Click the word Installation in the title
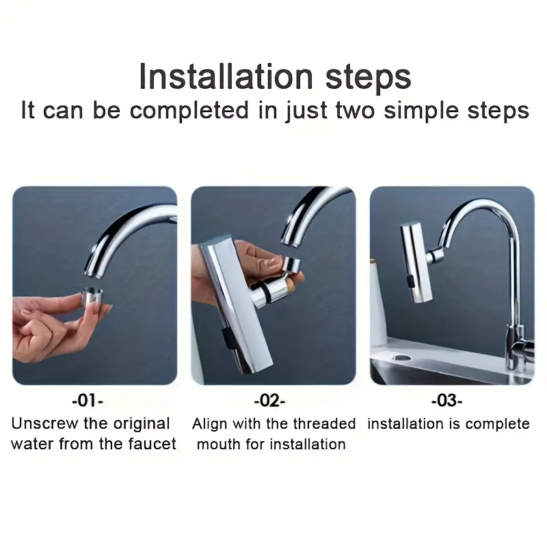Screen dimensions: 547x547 click(x=226, y=77)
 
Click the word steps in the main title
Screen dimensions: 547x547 click(x=368, y=78)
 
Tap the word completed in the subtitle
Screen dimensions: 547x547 click(x=189, y=110)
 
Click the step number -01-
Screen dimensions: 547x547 click(x=88, y=401)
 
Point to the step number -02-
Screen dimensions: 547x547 click(x=269, y=401)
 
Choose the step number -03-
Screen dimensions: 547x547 click(x=447, y=401)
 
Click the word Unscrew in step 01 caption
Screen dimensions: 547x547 click(x=44, y=423)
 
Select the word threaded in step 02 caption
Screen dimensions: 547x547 click(x=324, y=424)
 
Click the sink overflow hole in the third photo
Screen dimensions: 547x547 click(x=401, y=358)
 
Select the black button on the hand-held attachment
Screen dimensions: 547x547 click(x=228, y=338)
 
